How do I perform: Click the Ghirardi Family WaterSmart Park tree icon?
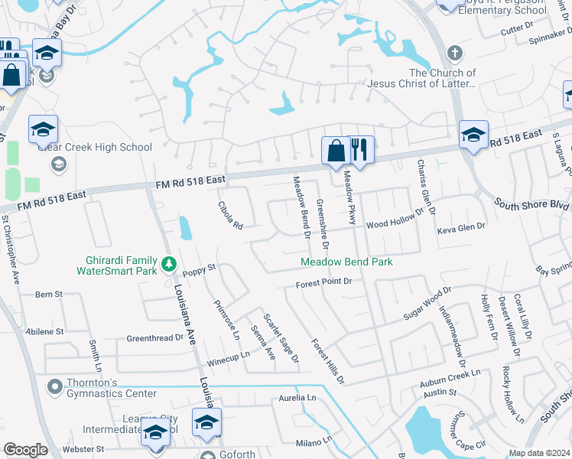(168, 265)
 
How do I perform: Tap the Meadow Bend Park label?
(346, 262)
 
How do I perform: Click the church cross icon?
(455, 54)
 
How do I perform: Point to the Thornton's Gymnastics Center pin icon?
(54, 386)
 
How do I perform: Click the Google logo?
(26, 450)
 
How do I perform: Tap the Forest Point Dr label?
(324, 282)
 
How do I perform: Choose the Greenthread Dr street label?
(155, 337)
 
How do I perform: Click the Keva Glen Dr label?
(461, 227)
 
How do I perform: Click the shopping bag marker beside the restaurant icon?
(335, 151)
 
